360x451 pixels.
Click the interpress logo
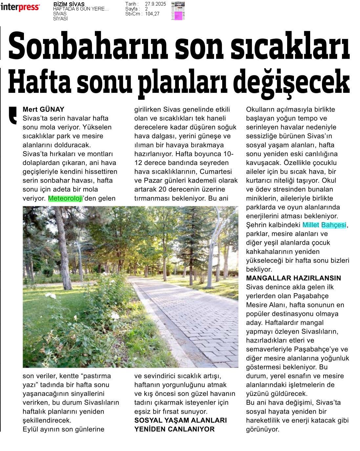point(20,7)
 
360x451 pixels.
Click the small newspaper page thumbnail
point(178,11)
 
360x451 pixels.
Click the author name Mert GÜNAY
point(43,110)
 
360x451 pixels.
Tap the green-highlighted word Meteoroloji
point(65,198)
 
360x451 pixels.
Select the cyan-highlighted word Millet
point(311,225)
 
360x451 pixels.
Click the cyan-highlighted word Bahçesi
point(333,225)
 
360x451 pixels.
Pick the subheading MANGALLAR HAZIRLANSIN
point(294,278)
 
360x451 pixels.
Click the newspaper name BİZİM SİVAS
point(69,4)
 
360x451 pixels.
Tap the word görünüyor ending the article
point(263,429)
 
